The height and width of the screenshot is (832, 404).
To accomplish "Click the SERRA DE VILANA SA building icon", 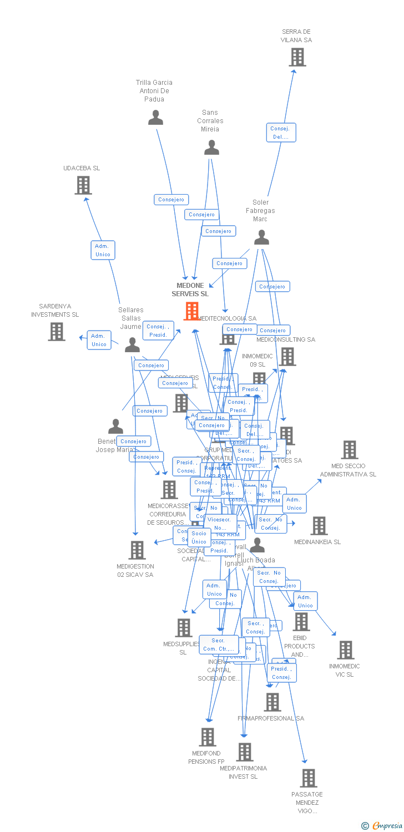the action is click(x=297, y=57).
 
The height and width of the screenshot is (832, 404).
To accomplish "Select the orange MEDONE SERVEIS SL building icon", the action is click(x=191, y=311).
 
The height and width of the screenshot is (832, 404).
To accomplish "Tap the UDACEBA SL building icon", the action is click(x=83, y=185).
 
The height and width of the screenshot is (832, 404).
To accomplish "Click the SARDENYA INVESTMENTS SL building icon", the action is click(x=57, y=332).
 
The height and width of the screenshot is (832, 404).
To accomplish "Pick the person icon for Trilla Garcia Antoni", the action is click(x=155, y=118).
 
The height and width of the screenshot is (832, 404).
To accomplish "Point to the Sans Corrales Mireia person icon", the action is click(x=211, y=148).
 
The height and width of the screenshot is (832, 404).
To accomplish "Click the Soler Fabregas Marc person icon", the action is click(x=261, y=237).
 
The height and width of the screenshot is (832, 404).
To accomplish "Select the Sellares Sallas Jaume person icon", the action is click(x=132, y=345).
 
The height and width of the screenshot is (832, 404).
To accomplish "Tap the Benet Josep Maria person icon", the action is click(x=115, y=427).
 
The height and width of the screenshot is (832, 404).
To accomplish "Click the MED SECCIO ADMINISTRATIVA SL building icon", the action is click(x=350, y=450).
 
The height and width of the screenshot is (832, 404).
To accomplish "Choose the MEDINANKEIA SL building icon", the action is click(x=319, y=526).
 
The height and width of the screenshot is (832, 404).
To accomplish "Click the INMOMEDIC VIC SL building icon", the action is click(x=345, y=650).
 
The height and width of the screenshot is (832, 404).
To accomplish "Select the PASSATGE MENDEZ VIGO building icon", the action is click(x=309, y=778).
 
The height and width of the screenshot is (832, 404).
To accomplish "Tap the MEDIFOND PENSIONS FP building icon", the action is click(x=208, y=737).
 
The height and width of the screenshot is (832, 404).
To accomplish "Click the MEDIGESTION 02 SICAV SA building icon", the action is click(x=137, y=550).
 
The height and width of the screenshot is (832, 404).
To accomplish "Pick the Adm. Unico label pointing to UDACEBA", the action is click(x=103, y=250).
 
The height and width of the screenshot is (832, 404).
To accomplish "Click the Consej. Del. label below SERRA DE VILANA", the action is click(x=281, y=133).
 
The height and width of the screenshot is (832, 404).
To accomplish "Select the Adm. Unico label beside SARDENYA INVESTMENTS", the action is click(x=99, y=340).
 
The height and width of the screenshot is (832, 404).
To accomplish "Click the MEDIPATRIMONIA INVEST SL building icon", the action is click(x=244, y=752).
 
